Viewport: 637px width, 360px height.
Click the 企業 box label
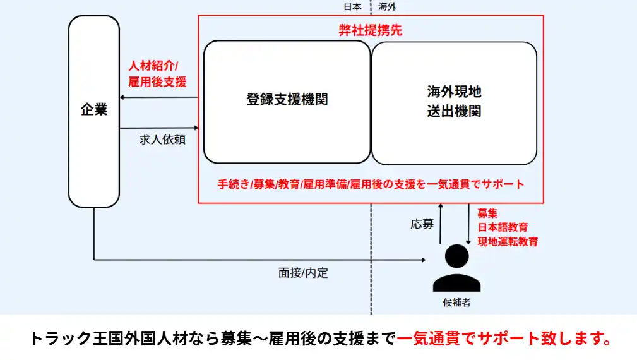[94, 110]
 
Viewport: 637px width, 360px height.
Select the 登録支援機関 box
[287, 100]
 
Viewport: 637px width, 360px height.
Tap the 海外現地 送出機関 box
[454, 101]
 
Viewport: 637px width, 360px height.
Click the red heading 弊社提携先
[371, 30]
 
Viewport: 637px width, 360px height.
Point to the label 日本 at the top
[352, 7]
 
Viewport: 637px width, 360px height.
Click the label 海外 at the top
[387, 7]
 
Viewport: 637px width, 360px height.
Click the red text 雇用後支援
[157, 81]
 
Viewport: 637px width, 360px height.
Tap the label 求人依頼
[162, 140]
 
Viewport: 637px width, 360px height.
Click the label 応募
[422, 224]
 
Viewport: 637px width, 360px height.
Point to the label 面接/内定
[303, 273]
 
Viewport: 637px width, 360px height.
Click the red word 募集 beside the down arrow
[487, 213]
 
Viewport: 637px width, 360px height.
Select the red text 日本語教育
[503, 227]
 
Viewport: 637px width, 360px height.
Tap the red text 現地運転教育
[508, 241]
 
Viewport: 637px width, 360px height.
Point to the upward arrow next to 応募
[441, 224]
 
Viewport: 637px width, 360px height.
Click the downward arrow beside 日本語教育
[468, 224]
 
